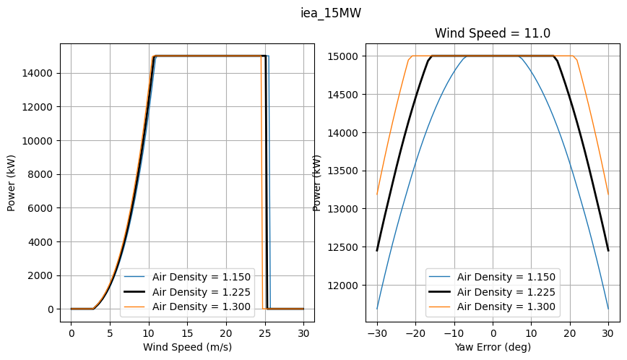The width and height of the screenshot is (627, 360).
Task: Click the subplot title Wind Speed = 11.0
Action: click(x=492, y=33)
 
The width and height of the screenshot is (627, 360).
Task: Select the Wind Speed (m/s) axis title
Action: click(x=187, y=347)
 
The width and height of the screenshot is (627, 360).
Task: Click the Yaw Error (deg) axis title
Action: click(x=493, y=347)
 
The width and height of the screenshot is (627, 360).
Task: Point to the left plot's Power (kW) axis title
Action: click(x=12, y=182)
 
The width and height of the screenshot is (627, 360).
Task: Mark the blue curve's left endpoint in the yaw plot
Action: click(x=377, y=309)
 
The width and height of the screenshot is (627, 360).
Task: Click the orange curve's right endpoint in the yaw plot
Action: click(x=608, y=194)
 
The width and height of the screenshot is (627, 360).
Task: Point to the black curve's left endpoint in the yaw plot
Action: click(x=377, y=250)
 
